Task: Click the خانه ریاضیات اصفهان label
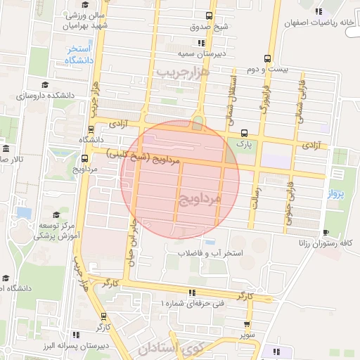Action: point(315,22)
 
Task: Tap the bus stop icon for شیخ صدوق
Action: point(209,15)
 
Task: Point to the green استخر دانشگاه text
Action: point(80,54)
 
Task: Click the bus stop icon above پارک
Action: point(244,132)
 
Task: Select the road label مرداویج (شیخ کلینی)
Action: point(143,157)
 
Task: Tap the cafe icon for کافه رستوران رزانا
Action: point(325,232)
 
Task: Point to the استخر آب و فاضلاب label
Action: point(210,252)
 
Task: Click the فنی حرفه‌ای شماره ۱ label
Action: point(192,302)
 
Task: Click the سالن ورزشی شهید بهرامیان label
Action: point(89,20)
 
